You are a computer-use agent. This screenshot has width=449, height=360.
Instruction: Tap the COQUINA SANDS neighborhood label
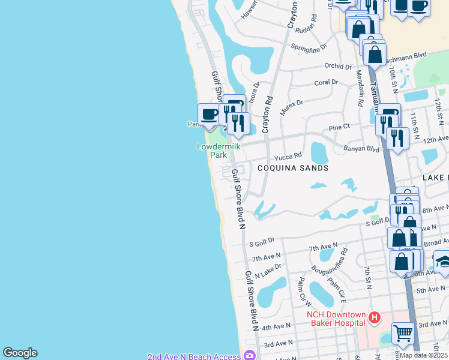(x=293, y=168)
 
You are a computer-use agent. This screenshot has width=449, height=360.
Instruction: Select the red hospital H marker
(x=375, y=317)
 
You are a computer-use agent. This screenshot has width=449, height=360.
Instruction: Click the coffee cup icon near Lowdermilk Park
(x=209, y=113)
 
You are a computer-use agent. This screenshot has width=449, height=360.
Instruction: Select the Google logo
(x=20, y=353)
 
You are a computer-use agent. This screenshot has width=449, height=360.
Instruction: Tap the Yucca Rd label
(x=288, y=157)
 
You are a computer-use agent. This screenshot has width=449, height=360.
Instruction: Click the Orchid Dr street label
(x=338, y=66)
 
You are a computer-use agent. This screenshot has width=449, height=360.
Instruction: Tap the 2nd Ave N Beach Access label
(x=194, y=356)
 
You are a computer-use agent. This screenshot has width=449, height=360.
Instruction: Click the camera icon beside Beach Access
(x=249, y=356)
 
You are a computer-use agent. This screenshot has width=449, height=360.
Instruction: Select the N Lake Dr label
(x=268, y=271)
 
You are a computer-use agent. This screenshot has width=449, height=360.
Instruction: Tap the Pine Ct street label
(x=339, y=127)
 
